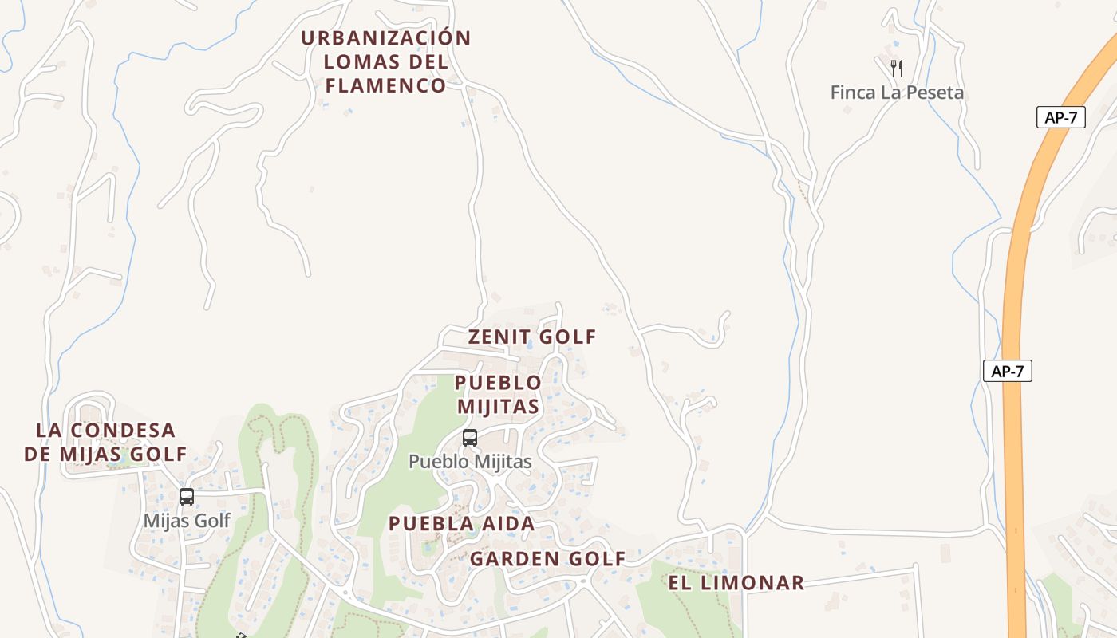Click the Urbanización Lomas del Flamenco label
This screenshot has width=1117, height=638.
(386, 61)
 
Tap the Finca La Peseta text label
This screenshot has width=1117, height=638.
(897, 93)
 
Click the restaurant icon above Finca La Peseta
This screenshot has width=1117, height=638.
(897, 69)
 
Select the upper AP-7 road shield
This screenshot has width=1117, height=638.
(1061, 117)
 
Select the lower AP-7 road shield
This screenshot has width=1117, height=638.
(1008, 371)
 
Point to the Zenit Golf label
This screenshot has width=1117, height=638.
(532, 337)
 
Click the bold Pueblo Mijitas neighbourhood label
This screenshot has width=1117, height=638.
(498, 394)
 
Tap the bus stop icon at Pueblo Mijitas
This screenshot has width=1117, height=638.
(470, 437)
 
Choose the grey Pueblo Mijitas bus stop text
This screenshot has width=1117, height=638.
(470, 461)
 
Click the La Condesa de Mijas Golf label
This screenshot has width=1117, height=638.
(105, 442)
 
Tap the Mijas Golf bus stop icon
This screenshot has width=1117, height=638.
(187, 496)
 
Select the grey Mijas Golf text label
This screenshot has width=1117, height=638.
(187, 521)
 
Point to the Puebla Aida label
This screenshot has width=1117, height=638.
(461, 524)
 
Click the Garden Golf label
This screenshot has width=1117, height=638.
(547, 558)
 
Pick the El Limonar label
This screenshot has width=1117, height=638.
(736, 583)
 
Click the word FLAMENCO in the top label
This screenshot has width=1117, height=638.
(386, 85)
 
